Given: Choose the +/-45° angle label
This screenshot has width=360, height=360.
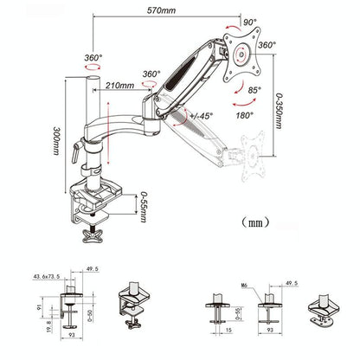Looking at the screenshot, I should pos(202,114).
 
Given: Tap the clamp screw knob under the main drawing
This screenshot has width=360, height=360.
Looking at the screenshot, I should pos(98,235).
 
